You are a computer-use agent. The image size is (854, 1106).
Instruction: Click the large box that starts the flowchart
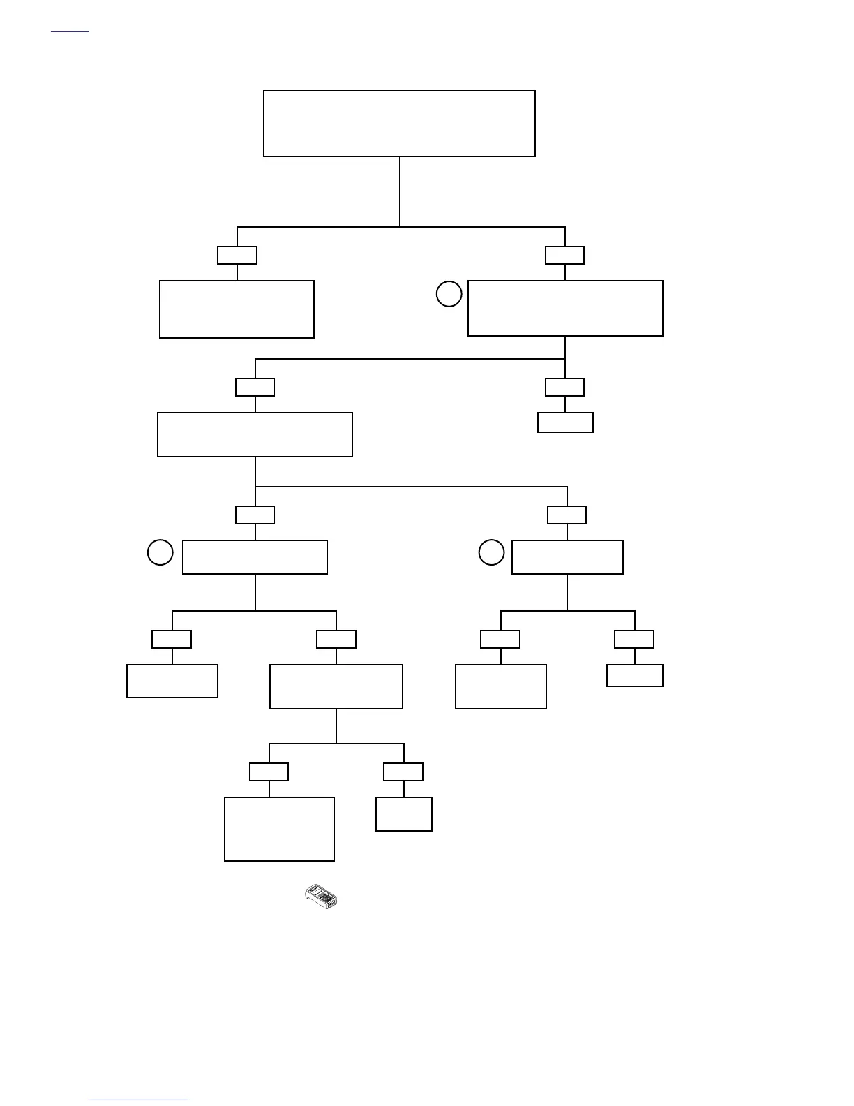coord(399,124)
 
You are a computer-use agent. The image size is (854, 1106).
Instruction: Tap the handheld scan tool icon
coord(321,896)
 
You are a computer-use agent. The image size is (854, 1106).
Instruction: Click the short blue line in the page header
coord(70,32)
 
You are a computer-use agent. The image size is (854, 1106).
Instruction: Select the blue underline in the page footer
coord(138,1100)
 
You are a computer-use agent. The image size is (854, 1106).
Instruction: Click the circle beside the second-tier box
coord(449,294)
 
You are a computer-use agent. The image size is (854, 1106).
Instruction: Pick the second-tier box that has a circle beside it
coord(565,308)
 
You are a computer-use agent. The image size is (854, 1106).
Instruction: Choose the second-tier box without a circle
coord(237,309)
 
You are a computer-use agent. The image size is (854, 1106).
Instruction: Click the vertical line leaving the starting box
coord(400,191)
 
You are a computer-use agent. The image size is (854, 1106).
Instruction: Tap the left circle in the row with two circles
coord(160,552)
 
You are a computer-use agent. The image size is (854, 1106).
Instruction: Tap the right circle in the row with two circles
coord(491,552)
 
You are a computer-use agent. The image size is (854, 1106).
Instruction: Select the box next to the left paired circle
coord(255,557)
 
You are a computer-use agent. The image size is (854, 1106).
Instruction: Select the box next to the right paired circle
coord(567,557)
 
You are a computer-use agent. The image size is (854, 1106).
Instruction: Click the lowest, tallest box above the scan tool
coord(279,829)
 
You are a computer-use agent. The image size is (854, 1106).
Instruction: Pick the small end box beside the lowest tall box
coord(404,814)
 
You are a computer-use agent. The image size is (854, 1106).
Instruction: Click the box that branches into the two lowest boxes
coord(336,686)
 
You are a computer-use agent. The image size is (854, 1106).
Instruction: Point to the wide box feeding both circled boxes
coord(255,434)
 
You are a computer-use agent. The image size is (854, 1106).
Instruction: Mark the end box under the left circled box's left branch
coord(172,681)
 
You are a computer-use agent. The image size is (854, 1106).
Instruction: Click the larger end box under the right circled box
coord(501,686)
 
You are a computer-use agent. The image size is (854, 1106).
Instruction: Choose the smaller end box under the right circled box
coord(635,675)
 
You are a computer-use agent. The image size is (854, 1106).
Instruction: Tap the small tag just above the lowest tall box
coord(269,772)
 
